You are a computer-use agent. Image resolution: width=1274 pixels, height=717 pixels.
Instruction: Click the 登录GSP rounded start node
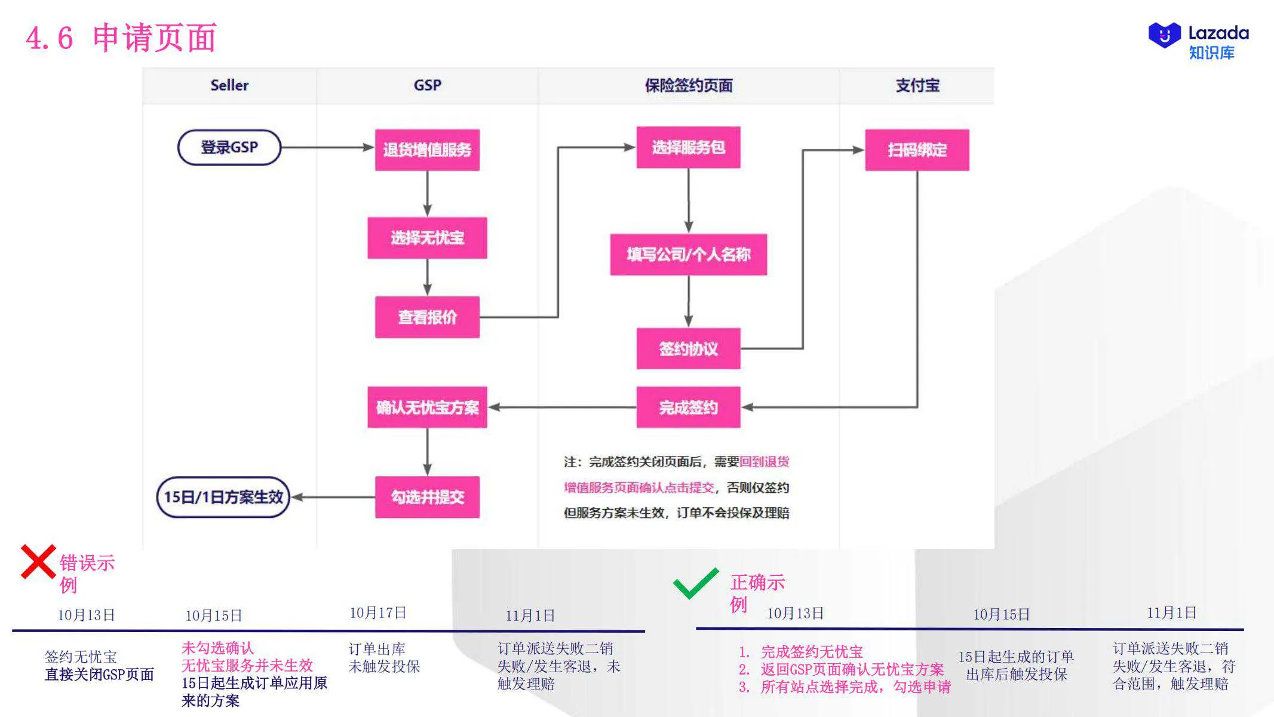(229, 148)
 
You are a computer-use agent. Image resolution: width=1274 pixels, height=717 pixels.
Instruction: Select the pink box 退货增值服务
(427, 150)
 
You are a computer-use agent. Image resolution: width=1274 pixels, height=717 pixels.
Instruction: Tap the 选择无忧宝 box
(427, 238)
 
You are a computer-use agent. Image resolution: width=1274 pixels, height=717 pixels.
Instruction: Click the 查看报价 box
(427, 317)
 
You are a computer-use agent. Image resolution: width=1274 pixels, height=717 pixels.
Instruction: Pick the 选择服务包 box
(688, 147)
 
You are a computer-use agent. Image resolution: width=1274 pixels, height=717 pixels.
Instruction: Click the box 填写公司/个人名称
(688, 255)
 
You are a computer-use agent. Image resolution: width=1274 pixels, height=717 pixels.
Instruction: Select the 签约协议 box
(688, 348)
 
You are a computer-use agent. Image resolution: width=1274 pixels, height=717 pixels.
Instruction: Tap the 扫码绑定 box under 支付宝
(917, 150)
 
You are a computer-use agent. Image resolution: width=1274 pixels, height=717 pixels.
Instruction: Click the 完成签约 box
(688, 407)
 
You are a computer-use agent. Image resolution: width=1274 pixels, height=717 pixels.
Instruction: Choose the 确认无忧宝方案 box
(427, 407)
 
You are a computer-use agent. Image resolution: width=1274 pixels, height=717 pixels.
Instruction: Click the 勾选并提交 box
(427, 497)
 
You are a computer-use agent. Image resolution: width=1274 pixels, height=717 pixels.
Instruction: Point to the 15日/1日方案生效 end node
(223, 497)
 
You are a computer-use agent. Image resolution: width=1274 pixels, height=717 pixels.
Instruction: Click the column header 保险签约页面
(688, 85)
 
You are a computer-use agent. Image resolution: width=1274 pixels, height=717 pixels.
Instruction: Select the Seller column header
(229, 85)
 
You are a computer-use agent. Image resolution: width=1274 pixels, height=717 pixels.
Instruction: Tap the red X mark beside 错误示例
(38, 562)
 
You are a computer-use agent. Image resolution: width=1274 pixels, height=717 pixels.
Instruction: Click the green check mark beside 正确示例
(696, 583)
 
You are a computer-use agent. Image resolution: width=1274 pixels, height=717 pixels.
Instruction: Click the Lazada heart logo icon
(1164, 35)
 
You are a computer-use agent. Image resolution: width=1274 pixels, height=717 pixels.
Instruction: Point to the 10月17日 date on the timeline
(377, 613)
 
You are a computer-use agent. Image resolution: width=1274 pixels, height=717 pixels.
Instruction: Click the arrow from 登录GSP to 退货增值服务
(327, 148)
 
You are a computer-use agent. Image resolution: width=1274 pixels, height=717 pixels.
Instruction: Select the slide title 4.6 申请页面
(121, 38)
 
